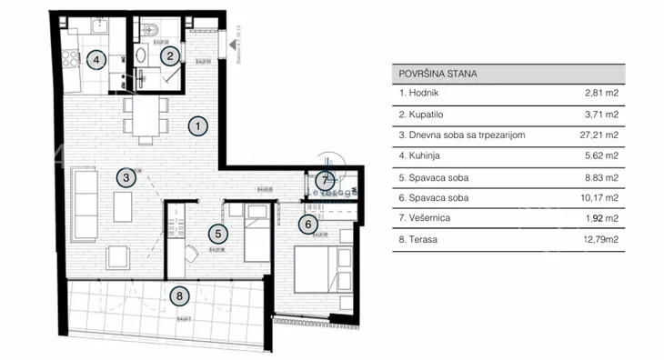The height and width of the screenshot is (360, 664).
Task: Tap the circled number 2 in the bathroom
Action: (x=169, y=56)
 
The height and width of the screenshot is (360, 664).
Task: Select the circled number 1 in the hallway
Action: (x=200, y=126)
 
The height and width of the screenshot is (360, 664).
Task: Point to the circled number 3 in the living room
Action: (x=126, y=178)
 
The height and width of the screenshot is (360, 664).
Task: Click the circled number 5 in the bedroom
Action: (x=215, y=233)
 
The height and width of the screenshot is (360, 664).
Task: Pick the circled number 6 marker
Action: (x=308, y=224)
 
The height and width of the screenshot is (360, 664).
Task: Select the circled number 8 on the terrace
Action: (x=179, y=295)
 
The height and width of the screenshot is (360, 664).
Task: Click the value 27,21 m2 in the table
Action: (x=599, y=135)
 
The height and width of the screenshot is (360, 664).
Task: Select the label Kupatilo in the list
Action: (x=419, y=115)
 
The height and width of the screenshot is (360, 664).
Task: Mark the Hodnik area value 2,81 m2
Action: (x=602, y=94)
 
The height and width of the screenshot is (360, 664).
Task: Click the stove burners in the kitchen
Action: (x=69, y=62)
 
